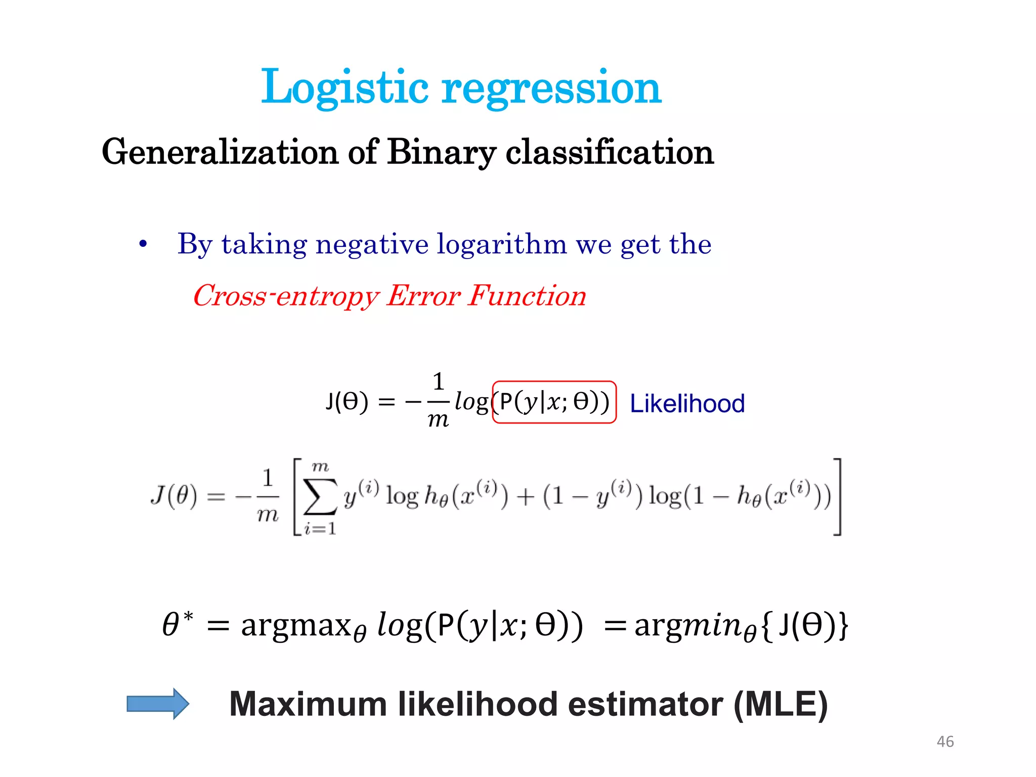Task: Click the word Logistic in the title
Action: (x=344, y=88)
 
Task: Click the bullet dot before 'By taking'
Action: (x=143, y=245)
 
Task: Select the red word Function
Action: (x=527, y=295)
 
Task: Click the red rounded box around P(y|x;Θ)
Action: (x=554, y=402)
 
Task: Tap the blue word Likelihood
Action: (x=687, y=404)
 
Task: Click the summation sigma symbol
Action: (x=320, y=497)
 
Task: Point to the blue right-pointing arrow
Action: (x=158, y=703)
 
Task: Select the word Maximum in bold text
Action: (x=308, y=704)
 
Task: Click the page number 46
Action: (x=945, y=742)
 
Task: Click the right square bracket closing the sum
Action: (x=837, y=497)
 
